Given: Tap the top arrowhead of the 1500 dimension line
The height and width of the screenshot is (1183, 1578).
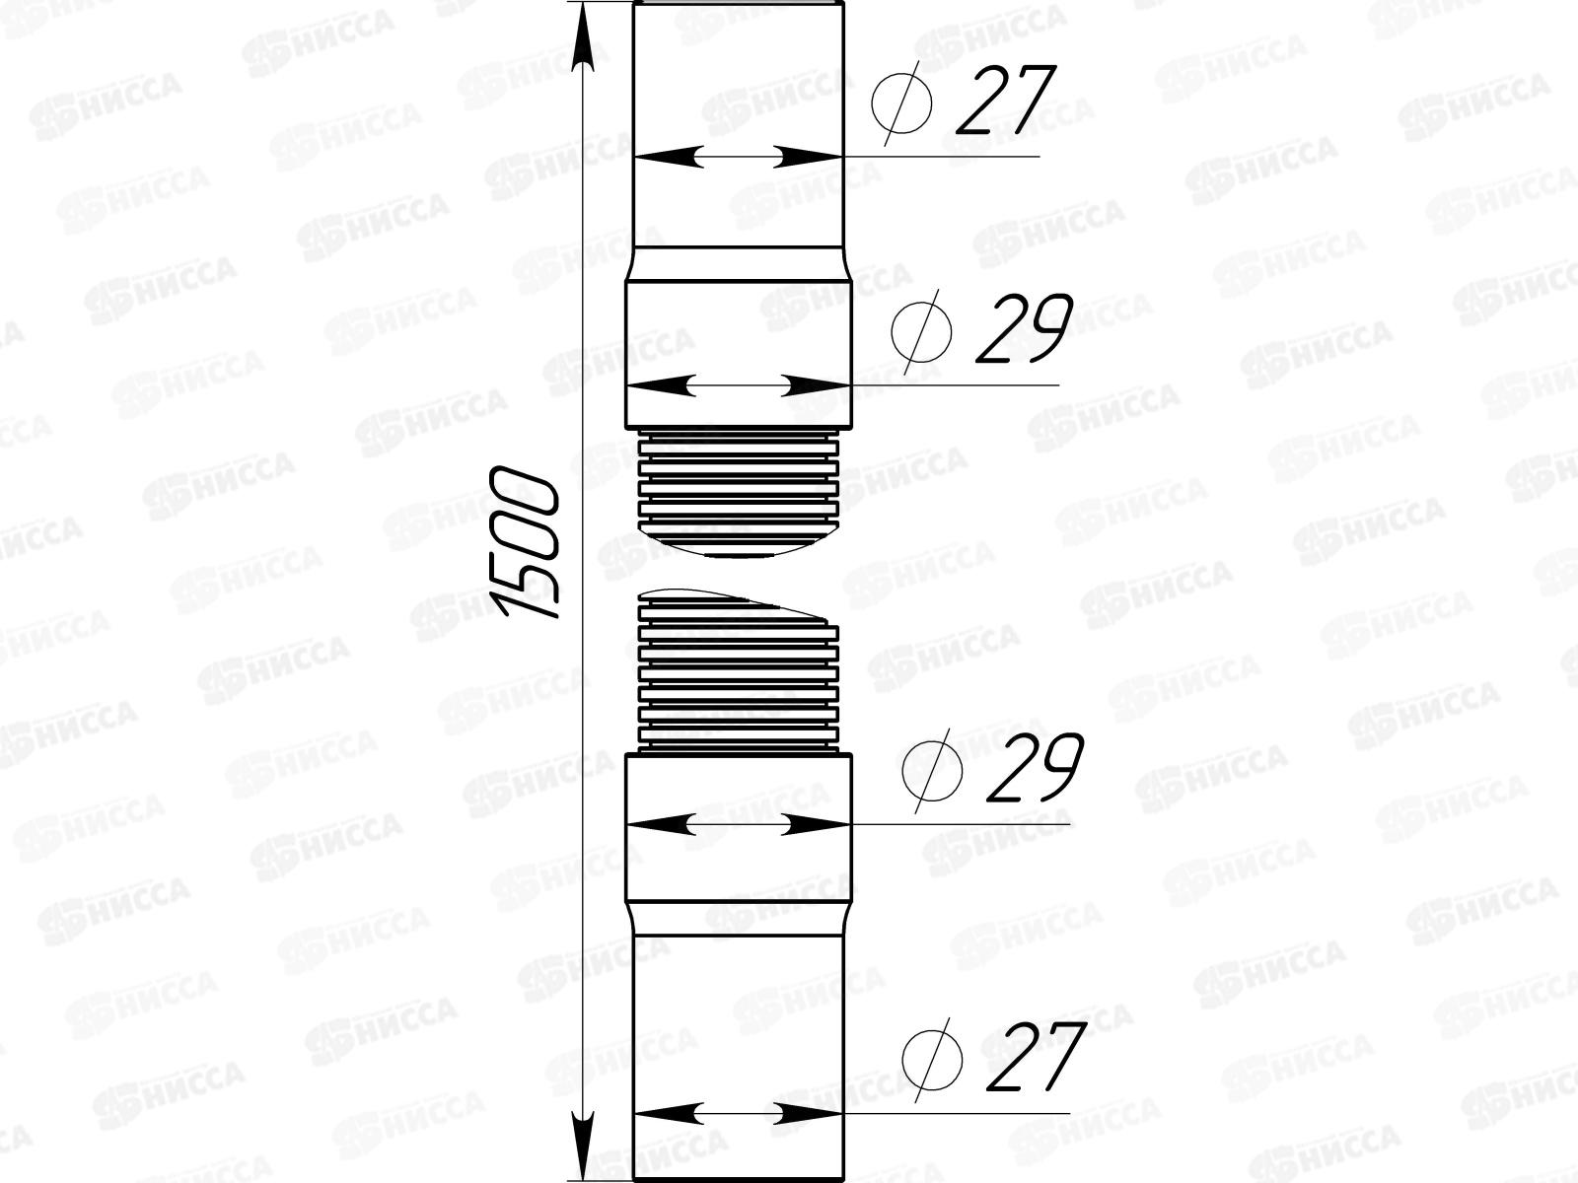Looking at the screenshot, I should click(584, 35).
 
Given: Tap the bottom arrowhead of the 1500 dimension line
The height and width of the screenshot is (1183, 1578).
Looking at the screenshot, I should click(584, 1144).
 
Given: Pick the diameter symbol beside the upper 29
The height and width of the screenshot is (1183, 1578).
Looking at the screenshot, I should click(921, 330).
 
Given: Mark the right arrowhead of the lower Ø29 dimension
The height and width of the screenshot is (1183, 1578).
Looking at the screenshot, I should click(819, 824).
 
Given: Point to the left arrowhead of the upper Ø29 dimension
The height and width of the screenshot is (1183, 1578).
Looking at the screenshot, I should click(657, 385).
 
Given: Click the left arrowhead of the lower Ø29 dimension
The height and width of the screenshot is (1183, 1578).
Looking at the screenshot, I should click(657, 824).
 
